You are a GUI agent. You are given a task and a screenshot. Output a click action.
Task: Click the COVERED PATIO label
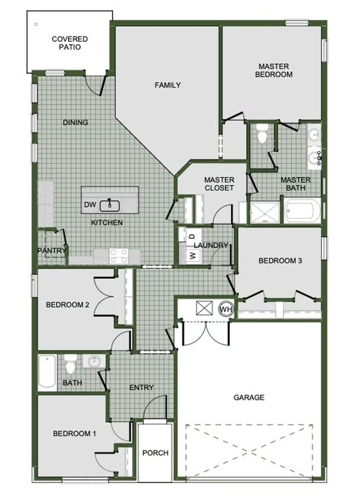[x=69, y=43]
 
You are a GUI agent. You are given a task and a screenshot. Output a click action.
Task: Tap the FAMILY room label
[x=168, y=85]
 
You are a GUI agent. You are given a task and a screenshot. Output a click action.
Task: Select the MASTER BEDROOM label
[x=273, y=70]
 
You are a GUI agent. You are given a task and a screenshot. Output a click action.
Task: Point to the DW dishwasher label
[x=90, y=205]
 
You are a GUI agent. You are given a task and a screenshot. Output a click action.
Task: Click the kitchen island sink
[x=110, y=205]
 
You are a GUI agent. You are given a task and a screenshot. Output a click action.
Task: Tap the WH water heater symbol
[x=226, y=309]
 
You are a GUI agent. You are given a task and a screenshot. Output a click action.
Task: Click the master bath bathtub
[x=303, y=211]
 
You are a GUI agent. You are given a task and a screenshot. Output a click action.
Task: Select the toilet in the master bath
[x=261, y=135]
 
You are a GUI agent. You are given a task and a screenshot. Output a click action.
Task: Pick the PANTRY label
[x=51, y=251]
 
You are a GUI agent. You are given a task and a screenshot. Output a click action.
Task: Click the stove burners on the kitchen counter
[x=119, y=256]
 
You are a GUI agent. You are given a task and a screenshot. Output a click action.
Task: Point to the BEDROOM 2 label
[x=67, y=305]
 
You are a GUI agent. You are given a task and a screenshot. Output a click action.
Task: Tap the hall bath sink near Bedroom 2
[x=94, y=361]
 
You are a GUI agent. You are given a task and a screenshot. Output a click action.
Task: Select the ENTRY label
[x=141, y=388]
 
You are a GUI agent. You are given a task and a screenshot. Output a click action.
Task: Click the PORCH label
[x=155, y=453]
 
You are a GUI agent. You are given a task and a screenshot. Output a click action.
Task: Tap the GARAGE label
[x=248, y=397]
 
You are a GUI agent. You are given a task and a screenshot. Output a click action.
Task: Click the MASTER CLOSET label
[x=219, y=183]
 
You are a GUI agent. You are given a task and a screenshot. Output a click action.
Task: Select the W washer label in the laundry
[x=193, y=255]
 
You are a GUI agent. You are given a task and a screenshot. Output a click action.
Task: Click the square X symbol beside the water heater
[x=205, y=308]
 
